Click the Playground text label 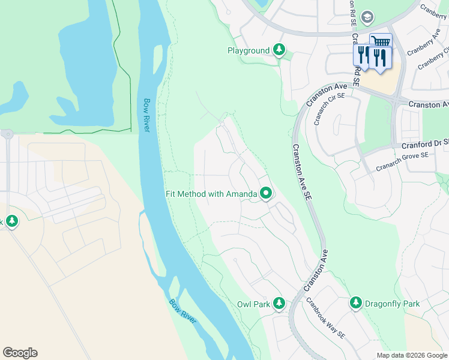248,50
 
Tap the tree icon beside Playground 279,50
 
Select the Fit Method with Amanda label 211,194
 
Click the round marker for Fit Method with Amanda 266,193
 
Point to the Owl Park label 253,304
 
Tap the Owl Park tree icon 279,304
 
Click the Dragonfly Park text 394,304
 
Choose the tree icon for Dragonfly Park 356,303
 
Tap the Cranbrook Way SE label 325,318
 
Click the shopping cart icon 379,41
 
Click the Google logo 20,353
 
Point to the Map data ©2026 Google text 412,355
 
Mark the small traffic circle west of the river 7,134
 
